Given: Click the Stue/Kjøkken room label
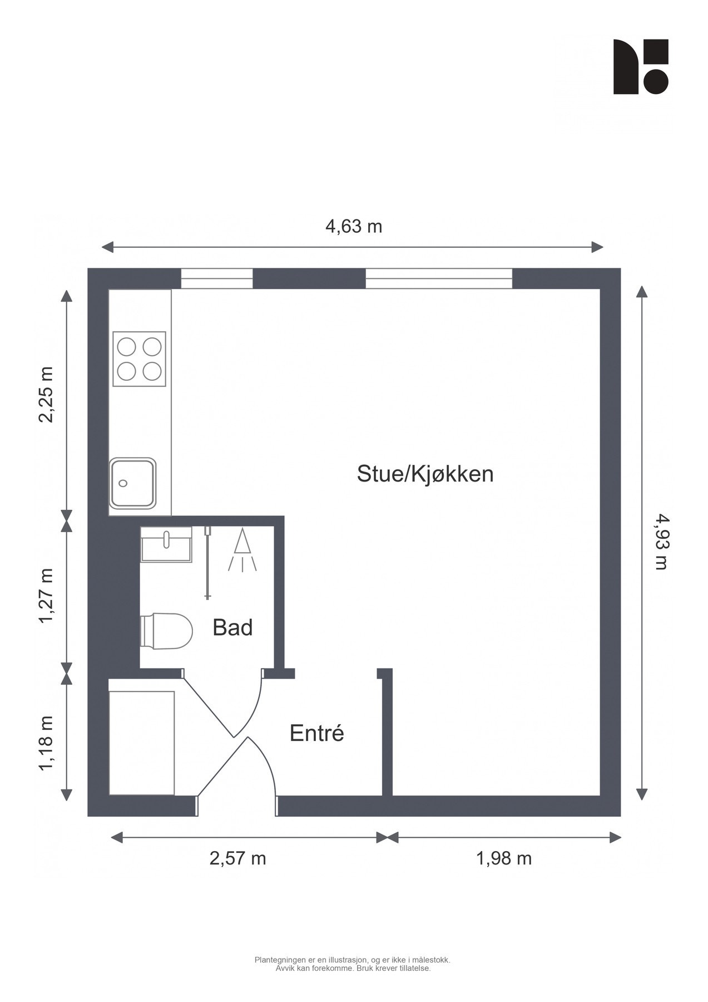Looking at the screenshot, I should coord(425,474).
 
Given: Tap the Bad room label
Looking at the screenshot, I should coord(232,627).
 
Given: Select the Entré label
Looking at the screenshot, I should coord(316,733).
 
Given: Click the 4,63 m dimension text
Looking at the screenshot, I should coord(354,227).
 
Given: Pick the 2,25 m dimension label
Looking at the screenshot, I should coord(47,395).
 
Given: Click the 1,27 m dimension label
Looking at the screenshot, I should coord(47,596).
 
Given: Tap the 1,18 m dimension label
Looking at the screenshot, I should coord(47,744).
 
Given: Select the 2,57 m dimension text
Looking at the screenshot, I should coord(237,858).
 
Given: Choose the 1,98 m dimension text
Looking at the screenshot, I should coord(504,858).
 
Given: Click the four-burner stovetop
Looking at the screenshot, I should coord(139,359).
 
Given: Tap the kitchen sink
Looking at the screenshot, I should coord(132,483).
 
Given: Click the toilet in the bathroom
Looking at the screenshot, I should coord(166,631).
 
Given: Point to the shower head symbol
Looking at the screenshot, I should coord(242,551).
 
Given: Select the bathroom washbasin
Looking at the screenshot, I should coord(166,544).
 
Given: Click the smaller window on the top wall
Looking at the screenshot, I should coord(217,278).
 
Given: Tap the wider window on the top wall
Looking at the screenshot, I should coord(438,278).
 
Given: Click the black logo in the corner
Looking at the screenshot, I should coord(640,66).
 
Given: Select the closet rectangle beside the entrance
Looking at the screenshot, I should coord(142,743).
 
